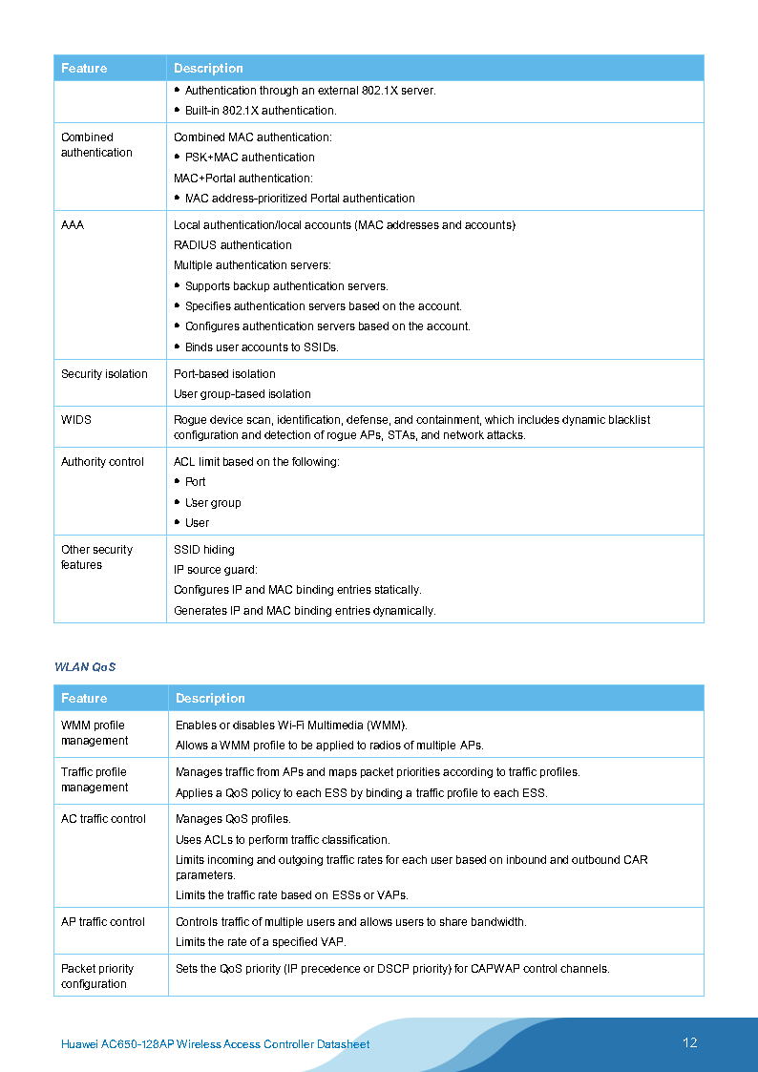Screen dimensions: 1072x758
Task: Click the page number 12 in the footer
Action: tap(689, 1042)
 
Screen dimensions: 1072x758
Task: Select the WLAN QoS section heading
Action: tap(85, 666)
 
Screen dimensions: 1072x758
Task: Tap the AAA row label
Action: tap(73, 225)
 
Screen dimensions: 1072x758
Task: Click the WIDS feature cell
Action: tap(76, 420)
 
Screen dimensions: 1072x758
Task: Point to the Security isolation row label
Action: tap(104, 374)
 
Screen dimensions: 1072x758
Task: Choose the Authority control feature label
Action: tap(102, 462)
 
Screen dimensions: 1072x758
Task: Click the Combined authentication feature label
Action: tap(96, 145)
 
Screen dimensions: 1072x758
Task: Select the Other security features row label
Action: tap(96, 557)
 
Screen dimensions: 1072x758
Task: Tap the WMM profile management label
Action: tap(95, 733)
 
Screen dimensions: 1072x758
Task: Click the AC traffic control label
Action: tap(103, 819)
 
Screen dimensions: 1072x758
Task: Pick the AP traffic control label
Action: tap(103, 922)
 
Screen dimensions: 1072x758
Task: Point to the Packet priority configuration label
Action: tap(96, 977)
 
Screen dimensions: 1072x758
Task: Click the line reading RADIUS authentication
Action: tap(233, 245)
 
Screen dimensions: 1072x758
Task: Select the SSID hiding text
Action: tap(203, 550)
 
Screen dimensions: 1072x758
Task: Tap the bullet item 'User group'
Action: tap(213, 503)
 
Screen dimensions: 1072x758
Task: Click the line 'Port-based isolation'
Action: tap(224, 374)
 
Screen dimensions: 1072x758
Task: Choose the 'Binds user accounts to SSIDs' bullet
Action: tap(262, 347)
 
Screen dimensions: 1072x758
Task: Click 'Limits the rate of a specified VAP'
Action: tap(261, 942)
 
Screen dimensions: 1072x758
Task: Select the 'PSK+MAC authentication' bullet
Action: tap(249, 158)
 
